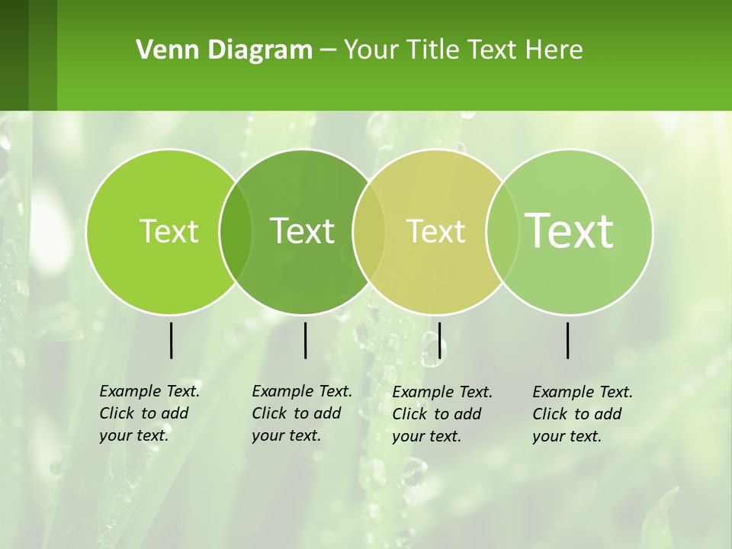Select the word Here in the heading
(554, 50)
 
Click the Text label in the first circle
(169, 231)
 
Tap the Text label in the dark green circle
(303, 231)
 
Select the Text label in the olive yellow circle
(435, 231)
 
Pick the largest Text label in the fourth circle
(570, 230)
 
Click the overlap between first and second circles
(236, 231)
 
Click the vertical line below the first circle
(172, 340)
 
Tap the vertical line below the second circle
(305, 340)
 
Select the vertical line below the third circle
(439, 340)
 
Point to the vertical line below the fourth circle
(568, 340)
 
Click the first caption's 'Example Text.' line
(149, 391)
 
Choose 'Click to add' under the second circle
(296, 413)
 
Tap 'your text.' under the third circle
(426, 436)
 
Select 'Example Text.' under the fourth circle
(583, 392)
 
